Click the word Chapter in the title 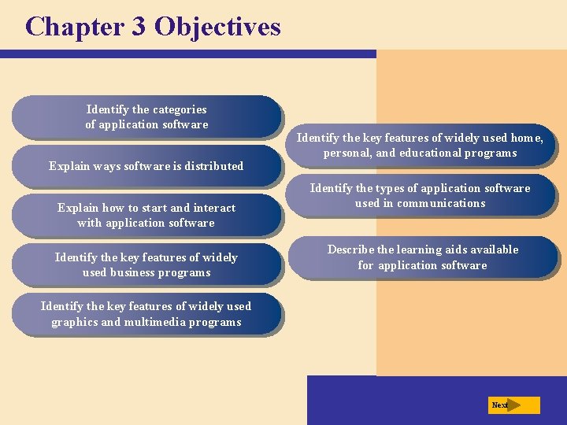(x=75, y=27)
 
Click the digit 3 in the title (x=139, y=27)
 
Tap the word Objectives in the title (x=217, y=27)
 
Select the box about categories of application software (x=146, y=117)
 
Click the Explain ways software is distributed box (x=146, y=166)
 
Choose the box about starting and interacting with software (x=146, y=216)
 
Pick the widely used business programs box (x=146, y=265)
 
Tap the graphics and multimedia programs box (x=146, y=314)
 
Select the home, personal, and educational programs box (x=420, y=146)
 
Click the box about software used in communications (x=420, y=195)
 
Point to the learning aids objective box (x=423, y=257)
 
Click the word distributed (x=214, y=166)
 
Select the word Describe (x=350, y=249)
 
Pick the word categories (x=180, y=109)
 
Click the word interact (x=215, y=208)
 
